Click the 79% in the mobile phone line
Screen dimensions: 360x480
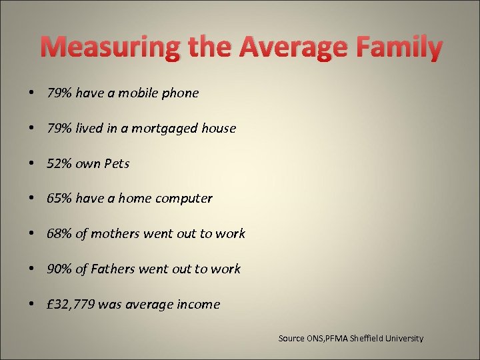(59, 93)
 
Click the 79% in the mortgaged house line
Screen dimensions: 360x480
(59, 129)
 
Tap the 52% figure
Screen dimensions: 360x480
(59, 164)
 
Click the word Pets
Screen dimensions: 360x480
(117, 164)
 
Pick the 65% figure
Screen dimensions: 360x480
(59, 199)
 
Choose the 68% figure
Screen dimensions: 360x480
(59, 234)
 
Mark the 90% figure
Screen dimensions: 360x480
(59, 269)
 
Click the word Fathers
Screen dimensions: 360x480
(114, 269)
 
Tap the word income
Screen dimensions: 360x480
(198, 305)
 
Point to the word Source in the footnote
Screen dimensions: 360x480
(291, 339)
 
